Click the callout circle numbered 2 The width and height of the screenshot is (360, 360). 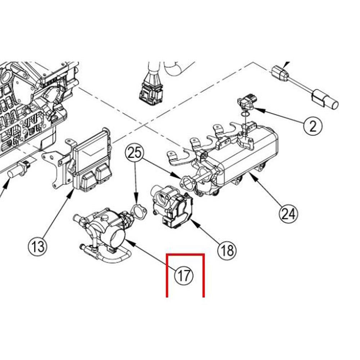click(312, 126)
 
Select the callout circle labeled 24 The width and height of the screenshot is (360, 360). click(289, 213)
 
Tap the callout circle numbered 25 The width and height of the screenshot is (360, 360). click(134, 154)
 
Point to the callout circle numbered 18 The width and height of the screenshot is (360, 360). click(227, 249)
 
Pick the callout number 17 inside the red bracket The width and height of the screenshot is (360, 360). click(184, 276)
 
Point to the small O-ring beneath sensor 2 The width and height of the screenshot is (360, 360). click(245, 114)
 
